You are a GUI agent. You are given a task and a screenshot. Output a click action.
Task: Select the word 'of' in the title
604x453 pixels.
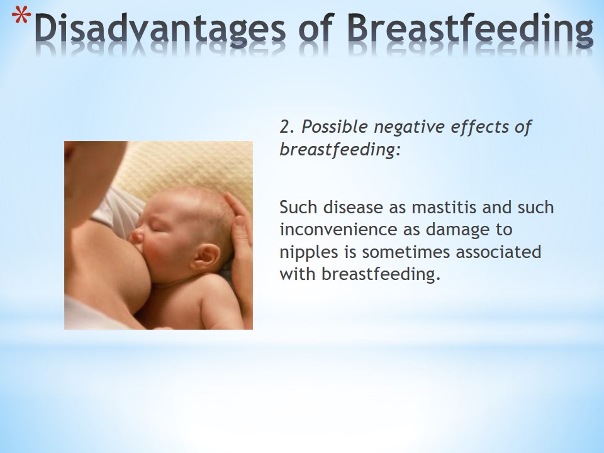[x=316, y=28]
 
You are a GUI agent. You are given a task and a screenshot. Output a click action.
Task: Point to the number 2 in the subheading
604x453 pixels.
[x=284, y=126]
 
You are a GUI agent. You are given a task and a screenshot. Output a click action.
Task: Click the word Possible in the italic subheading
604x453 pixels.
[x=334, y=126]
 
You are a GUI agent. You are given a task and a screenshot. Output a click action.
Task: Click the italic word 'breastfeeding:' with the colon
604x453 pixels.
[x=340, y=150]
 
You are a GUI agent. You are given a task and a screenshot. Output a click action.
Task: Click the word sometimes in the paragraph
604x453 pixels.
[x=405, y=252]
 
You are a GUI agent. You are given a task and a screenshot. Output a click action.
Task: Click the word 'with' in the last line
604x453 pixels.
[x=298, y=274]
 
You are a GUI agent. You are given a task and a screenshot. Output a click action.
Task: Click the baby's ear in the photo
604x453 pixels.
[x=206, y=257]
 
